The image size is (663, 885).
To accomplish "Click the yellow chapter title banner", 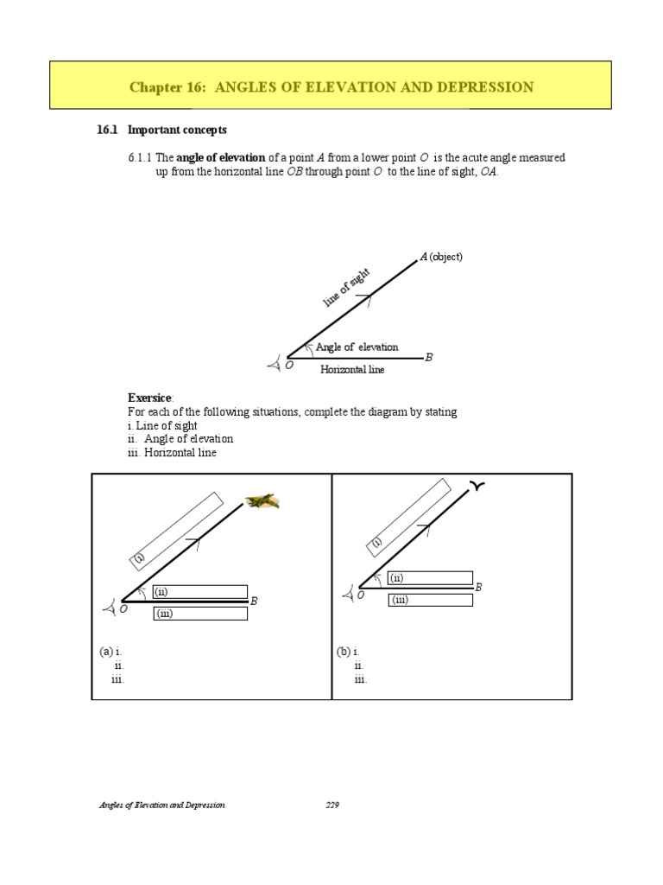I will [x=331, y=87].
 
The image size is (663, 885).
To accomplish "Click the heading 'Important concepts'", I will [x=177, y=130].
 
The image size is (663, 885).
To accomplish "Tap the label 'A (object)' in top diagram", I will [x=441, y=257].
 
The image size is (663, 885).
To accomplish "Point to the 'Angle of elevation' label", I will [x=357, y=347].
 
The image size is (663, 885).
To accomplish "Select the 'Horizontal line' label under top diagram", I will [x=352, y=370].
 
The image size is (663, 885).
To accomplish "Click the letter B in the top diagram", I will [x=429, y=358].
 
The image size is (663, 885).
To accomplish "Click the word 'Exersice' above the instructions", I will [x=150, y=398].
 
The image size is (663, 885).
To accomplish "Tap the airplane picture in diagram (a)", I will [x=262, y=500].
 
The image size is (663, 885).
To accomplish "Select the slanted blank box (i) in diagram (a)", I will [x=178, y=530].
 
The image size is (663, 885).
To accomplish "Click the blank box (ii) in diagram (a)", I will [x=200, y=592].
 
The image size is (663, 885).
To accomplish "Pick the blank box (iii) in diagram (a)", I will [x=200, y=614].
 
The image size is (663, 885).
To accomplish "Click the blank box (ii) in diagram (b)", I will [x=430, y=578].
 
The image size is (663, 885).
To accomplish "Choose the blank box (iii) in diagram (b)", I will [x=430, y=600].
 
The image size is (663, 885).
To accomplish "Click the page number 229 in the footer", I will [x=332, y=805].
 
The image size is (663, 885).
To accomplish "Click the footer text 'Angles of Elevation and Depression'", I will [x=161, y=805].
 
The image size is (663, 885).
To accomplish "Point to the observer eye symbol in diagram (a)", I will [x=109, y=609].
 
